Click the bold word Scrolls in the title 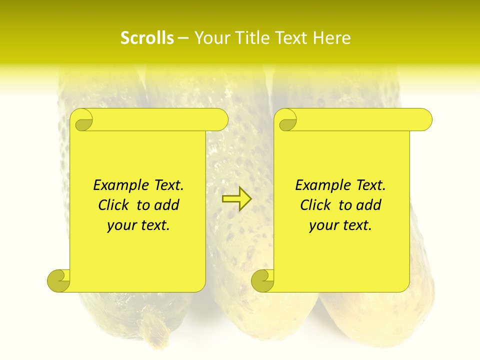click(x=147, y=38)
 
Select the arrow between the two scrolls click(x=236, y=199)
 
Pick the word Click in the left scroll click(x=115, y=205)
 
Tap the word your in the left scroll click(x=120, y=225)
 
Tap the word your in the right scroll click(x=322, y=225)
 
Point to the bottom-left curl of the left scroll click(x=58, y=280)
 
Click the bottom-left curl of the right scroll click(x=262, y=280)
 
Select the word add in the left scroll click(x=167, y=205)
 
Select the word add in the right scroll click(x=369, y=205)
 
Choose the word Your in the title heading click(x=209, y=38)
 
